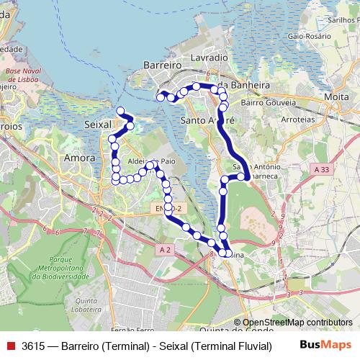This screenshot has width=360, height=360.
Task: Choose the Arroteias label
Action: (x=296, y=120)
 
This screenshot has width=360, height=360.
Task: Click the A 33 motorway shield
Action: (x=321, y=168)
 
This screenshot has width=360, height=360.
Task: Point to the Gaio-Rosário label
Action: (x=302, y=35)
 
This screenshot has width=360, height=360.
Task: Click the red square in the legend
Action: (x=10, y=346)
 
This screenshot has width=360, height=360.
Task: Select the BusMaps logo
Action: (x=325, y=345)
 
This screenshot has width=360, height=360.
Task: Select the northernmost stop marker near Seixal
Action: (x=120, y=110)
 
